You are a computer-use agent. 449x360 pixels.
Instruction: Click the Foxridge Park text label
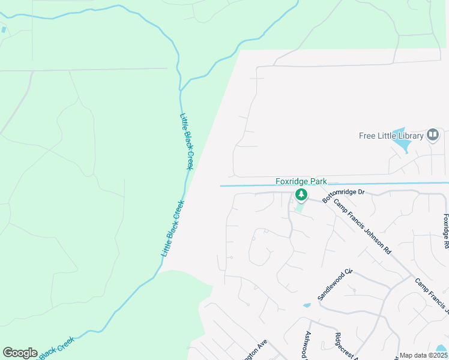301,181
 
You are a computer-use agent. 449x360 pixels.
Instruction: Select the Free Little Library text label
391,136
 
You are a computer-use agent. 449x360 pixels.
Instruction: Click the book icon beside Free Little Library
433,135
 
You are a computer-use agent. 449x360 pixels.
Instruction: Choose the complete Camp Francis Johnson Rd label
363,226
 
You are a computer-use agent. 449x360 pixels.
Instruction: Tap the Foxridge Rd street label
445,231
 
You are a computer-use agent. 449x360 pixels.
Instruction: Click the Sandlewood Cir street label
335,285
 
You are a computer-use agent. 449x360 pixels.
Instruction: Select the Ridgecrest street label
346,346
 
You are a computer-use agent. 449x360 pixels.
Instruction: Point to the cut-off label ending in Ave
254,350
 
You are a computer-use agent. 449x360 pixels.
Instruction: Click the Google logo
20,353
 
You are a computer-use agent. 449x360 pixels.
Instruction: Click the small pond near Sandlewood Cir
307,305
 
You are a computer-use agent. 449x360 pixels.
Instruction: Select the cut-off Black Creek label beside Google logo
56,349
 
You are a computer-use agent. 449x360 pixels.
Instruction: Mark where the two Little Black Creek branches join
181,90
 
